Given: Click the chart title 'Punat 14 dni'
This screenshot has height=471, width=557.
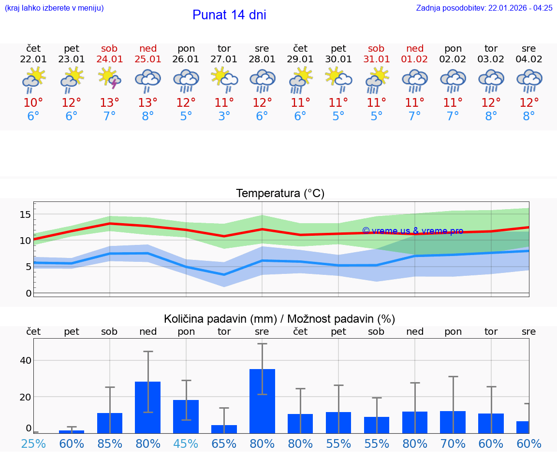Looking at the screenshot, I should pos(229,15).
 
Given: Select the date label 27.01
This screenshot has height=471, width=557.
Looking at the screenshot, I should pos(224,59).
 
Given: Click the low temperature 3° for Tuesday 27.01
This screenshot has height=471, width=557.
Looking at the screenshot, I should pos(224,116).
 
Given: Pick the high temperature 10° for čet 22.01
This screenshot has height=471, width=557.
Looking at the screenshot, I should pos(33,103).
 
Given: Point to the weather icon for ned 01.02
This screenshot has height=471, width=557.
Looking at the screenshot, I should pos(414,80).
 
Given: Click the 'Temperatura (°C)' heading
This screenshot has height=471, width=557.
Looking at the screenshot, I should pos(280,194).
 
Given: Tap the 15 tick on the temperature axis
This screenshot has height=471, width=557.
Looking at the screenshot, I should pos(25,214).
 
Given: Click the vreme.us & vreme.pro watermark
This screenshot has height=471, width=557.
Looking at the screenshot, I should pos(412,231).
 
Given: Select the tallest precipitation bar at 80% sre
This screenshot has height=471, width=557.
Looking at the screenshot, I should pos(262,401).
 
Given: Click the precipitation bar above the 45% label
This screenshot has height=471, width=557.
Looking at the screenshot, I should pos(186,416).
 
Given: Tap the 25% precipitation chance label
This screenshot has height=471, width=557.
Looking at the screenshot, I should pos(33,443).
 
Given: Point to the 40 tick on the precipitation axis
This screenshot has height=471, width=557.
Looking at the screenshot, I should pos(25,360).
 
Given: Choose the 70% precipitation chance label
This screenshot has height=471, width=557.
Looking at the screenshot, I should pos(453,443).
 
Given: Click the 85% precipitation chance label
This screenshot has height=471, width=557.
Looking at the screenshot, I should pos(110,443).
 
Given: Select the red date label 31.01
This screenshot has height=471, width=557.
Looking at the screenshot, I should pos(376,59).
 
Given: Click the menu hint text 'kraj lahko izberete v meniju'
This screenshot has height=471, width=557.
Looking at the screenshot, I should pos(54,8).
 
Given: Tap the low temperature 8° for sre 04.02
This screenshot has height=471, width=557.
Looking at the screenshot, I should pos(529,116).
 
